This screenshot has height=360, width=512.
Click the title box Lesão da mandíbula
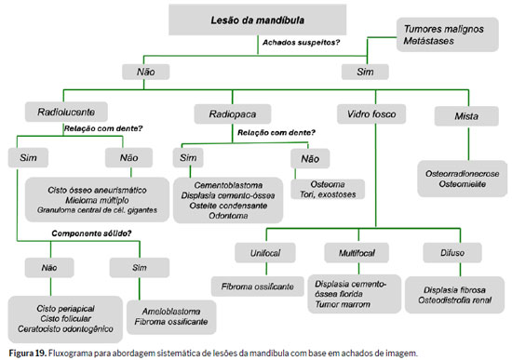pyautogui.click(x=257, y=20)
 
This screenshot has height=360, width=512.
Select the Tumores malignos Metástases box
pyautogui.click(x=448, y=34)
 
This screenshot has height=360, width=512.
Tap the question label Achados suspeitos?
pyautogui.click(x=301, y=43)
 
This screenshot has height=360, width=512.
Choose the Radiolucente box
pyautogui.click(x=66, y=112)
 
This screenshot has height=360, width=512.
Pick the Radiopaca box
pyautogui.click(x=233, y=113)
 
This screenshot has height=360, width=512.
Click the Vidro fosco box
pyautogui.click(x=371, y=113)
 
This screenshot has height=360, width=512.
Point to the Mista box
pyautogui.click(x=466, y=116)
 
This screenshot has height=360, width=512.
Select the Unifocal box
pyautogui.click(x=265, y=253)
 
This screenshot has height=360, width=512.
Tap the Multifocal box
pyautogui.click(x=357, y=253)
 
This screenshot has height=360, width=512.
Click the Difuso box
pyautogui.click(x=452, y=253)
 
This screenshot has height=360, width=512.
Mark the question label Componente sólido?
pyautogui.click(x=91, y=233)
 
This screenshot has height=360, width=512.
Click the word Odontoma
pyautogui.click(x=228, y=216)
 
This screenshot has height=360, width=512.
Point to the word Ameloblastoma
pyautogui.click(x=171, y=312)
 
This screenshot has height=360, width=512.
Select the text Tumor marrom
pyautogui.click(x=343, y=304)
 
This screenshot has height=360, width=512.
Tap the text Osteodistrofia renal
pyautogui.click(x=454, y=300)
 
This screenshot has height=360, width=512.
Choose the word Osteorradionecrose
pyautogui.click(x=462, y=174)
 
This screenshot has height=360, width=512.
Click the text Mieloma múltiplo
pyautogui.click(x=97, y=200)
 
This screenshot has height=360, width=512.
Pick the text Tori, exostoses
pyautogui.click(x=328, y=194)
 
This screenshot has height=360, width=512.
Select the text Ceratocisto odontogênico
pyautogui.click(x=65, y=328)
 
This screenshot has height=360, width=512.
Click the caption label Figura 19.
pyautogui.click(x=28, y=353)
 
